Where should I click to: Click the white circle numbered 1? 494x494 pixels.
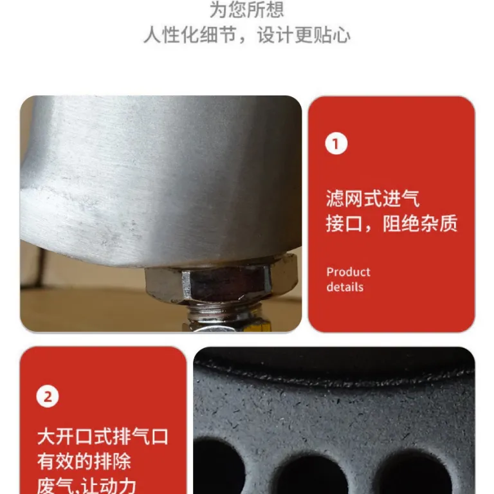(x=336, y=143)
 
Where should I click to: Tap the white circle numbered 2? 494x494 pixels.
(x=48, y=396)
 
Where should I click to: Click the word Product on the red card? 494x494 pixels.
(x=348, y=272)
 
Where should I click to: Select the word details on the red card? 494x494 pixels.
(x=345, y=287)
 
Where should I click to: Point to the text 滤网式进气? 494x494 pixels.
(x=372, y=199)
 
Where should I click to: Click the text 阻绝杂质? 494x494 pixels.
(x=419, y=223)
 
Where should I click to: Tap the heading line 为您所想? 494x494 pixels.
(x=247, y=10)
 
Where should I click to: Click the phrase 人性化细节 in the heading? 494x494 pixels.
(x=190, y=35)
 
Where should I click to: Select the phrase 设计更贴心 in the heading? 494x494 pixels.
(x=304, y=35)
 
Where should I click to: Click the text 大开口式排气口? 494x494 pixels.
(x=103, y=437)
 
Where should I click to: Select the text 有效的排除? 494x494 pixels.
(x=84, y=462)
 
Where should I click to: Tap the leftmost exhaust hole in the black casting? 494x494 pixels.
(x=217, y=466)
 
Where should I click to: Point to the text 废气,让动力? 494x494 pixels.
(x=87, y=486)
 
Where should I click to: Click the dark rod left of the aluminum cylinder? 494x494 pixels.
(x=40, y=267)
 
